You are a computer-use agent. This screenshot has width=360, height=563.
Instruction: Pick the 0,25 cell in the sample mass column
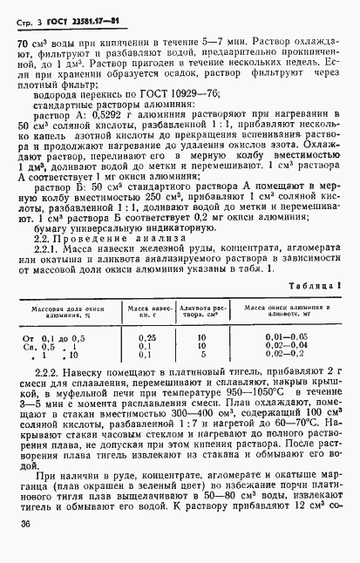[147, 336]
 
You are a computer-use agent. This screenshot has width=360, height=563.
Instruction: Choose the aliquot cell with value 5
[202, 355]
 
